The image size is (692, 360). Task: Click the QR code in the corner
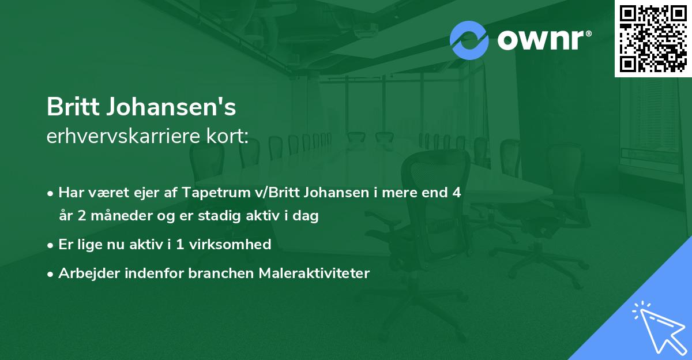coord(653,38)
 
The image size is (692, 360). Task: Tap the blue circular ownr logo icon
coord(469,40)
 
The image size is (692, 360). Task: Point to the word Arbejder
coord(85,273)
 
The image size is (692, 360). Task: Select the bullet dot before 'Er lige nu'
coord(51,245)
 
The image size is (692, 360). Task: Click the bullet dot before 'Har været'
coord(51,193)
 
